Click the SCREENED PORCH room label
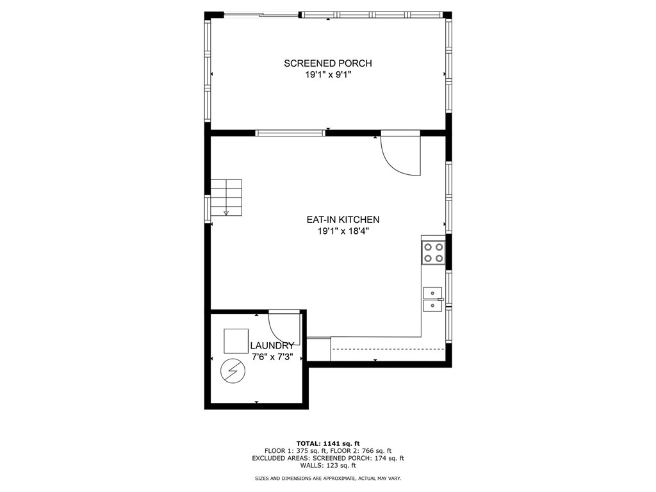coord(327,63)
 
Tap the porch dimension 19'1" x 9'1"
coord(327,75)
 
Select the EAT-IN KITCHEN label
coord(343,220)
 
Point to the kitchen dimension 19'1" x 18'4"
coord(343,231)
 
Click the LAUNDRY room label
coord(272,346)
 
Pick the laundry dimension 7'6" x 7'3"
coord(272,357)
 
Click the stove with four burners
coord(433,252)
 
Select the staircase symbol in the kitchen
coord(227,197)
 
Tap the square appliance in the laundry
coord(236,341)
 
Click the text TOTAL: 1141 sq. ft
coord(327,443)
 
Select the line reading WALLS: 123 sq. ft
coord(327,465)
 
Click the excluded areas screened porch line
coord(327,458)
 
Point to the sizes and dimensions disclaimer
coord(327,479)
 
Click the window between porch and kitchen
coord(290,133)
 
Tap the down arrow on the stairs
coord(226,213)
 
